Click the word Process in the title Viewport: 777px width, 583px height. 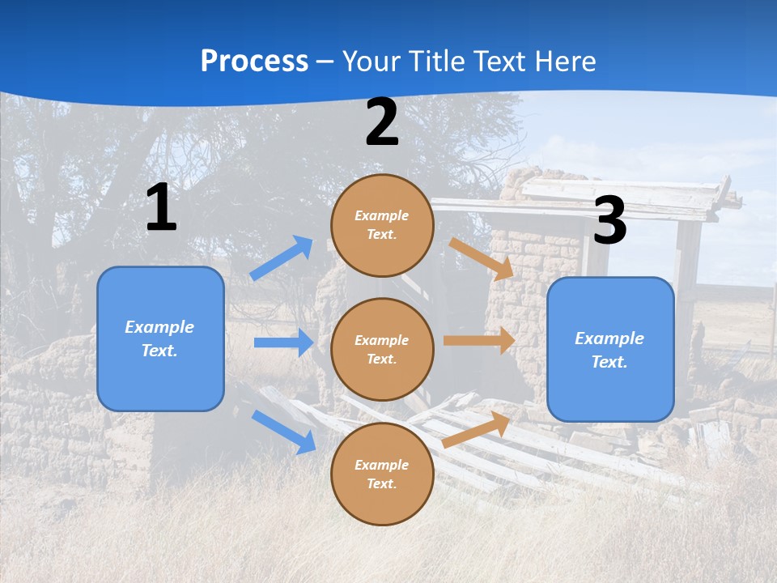pos(254,62)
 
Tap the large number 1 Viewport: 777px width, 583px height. pos(161,208)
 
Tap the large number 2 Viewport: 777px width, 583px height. pos(382,123)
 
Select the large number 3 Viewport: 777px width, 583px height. pos(609,220)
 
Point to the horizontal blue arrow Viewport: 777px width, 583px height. pos(283,343)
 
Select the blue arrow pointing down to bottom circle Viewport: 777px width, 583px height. pos(283,432)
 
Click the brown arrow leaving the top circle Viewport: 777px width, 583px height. pos(481,258)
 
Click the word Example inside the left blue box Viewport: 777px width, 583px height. pos(159,327)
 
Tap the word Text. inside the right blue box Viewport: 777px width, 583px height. pos(609,362)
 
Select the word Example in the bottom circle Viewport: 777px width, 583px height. pos(381,465)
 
